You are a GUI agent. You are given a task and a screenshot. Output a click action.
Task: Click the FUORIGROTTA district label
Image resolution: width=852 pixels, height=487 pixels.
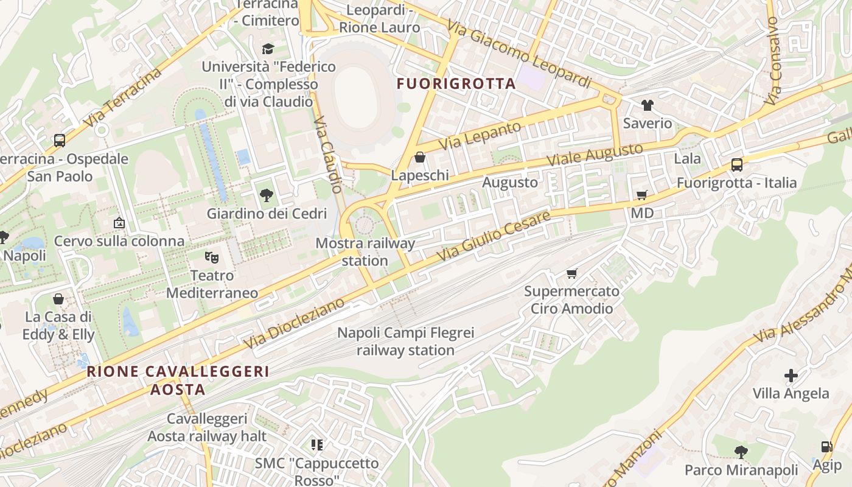point(456,84)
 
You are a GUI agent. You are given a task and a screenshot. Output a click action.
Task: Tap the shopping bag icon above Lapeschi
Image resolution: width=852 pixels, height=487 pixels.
point(419,158)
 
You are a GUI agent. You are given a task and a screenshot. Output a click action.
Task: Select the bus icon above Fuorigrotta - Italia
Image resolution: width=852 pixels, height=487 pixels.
point(736,165)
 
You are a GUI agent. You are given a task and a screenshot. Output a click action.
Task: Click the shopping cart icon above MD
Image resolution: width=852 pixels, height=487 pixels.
point(641,195)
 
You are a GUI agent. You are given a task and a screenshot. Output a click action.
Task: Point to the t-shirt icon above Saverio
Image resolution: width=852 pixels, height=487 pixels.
point(647,105)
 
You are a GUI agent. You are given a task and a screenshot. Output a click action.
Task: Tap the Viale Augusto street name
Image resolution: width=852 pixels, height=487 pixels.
point(595,155)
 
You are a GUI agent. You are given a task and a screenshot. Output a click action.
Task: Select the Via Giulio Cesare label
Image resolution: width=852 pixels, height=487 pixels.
point(494,237)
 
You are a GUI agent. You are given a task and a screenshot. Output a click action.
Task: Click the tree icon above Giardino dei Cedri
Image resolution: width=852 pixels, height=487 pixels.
point(266,195)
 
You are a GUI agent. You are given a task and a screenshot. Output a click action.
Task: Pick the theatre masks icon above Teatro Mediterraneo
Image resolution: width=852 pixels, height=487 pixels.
point(212,258)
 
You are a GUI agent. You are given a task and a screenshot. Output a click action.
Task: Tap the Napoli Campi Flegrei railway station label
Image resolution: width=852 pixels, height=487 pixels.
point(406,342)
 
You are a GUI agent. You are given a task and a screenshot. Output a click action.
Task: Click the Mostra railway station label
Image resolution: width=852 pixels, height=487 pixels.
point(365,252)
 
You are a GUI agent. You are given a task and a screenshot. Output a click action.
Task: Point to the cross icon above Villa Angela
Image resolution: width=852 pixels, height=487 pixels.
point(791,376)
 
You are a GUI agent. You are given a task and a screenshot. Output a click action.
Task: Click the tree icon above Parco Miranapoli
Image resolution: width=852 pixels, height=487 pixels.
point(741,452)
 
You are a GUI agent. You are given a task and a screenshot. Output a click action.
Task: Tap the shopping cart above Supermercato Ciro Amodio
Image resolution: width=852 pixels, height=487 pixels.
point(571,273)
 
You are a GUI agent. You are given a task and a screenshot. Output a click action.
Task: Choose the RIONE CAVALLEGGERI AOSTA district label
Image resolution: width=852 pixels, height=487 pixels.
point(178,380)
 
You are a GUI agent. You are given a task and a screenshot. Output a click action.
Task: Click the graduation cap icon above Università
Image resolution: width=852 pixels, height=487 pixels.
point(268,49)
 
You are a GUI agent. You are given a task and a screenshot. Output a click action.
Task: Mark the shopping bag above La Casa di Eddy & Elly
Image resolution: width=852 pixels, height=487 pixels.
point(58,299)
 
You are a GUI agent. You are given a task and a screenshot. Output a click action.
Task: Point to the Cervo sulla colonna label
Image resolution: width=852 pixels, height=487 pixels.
point(119,241)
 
